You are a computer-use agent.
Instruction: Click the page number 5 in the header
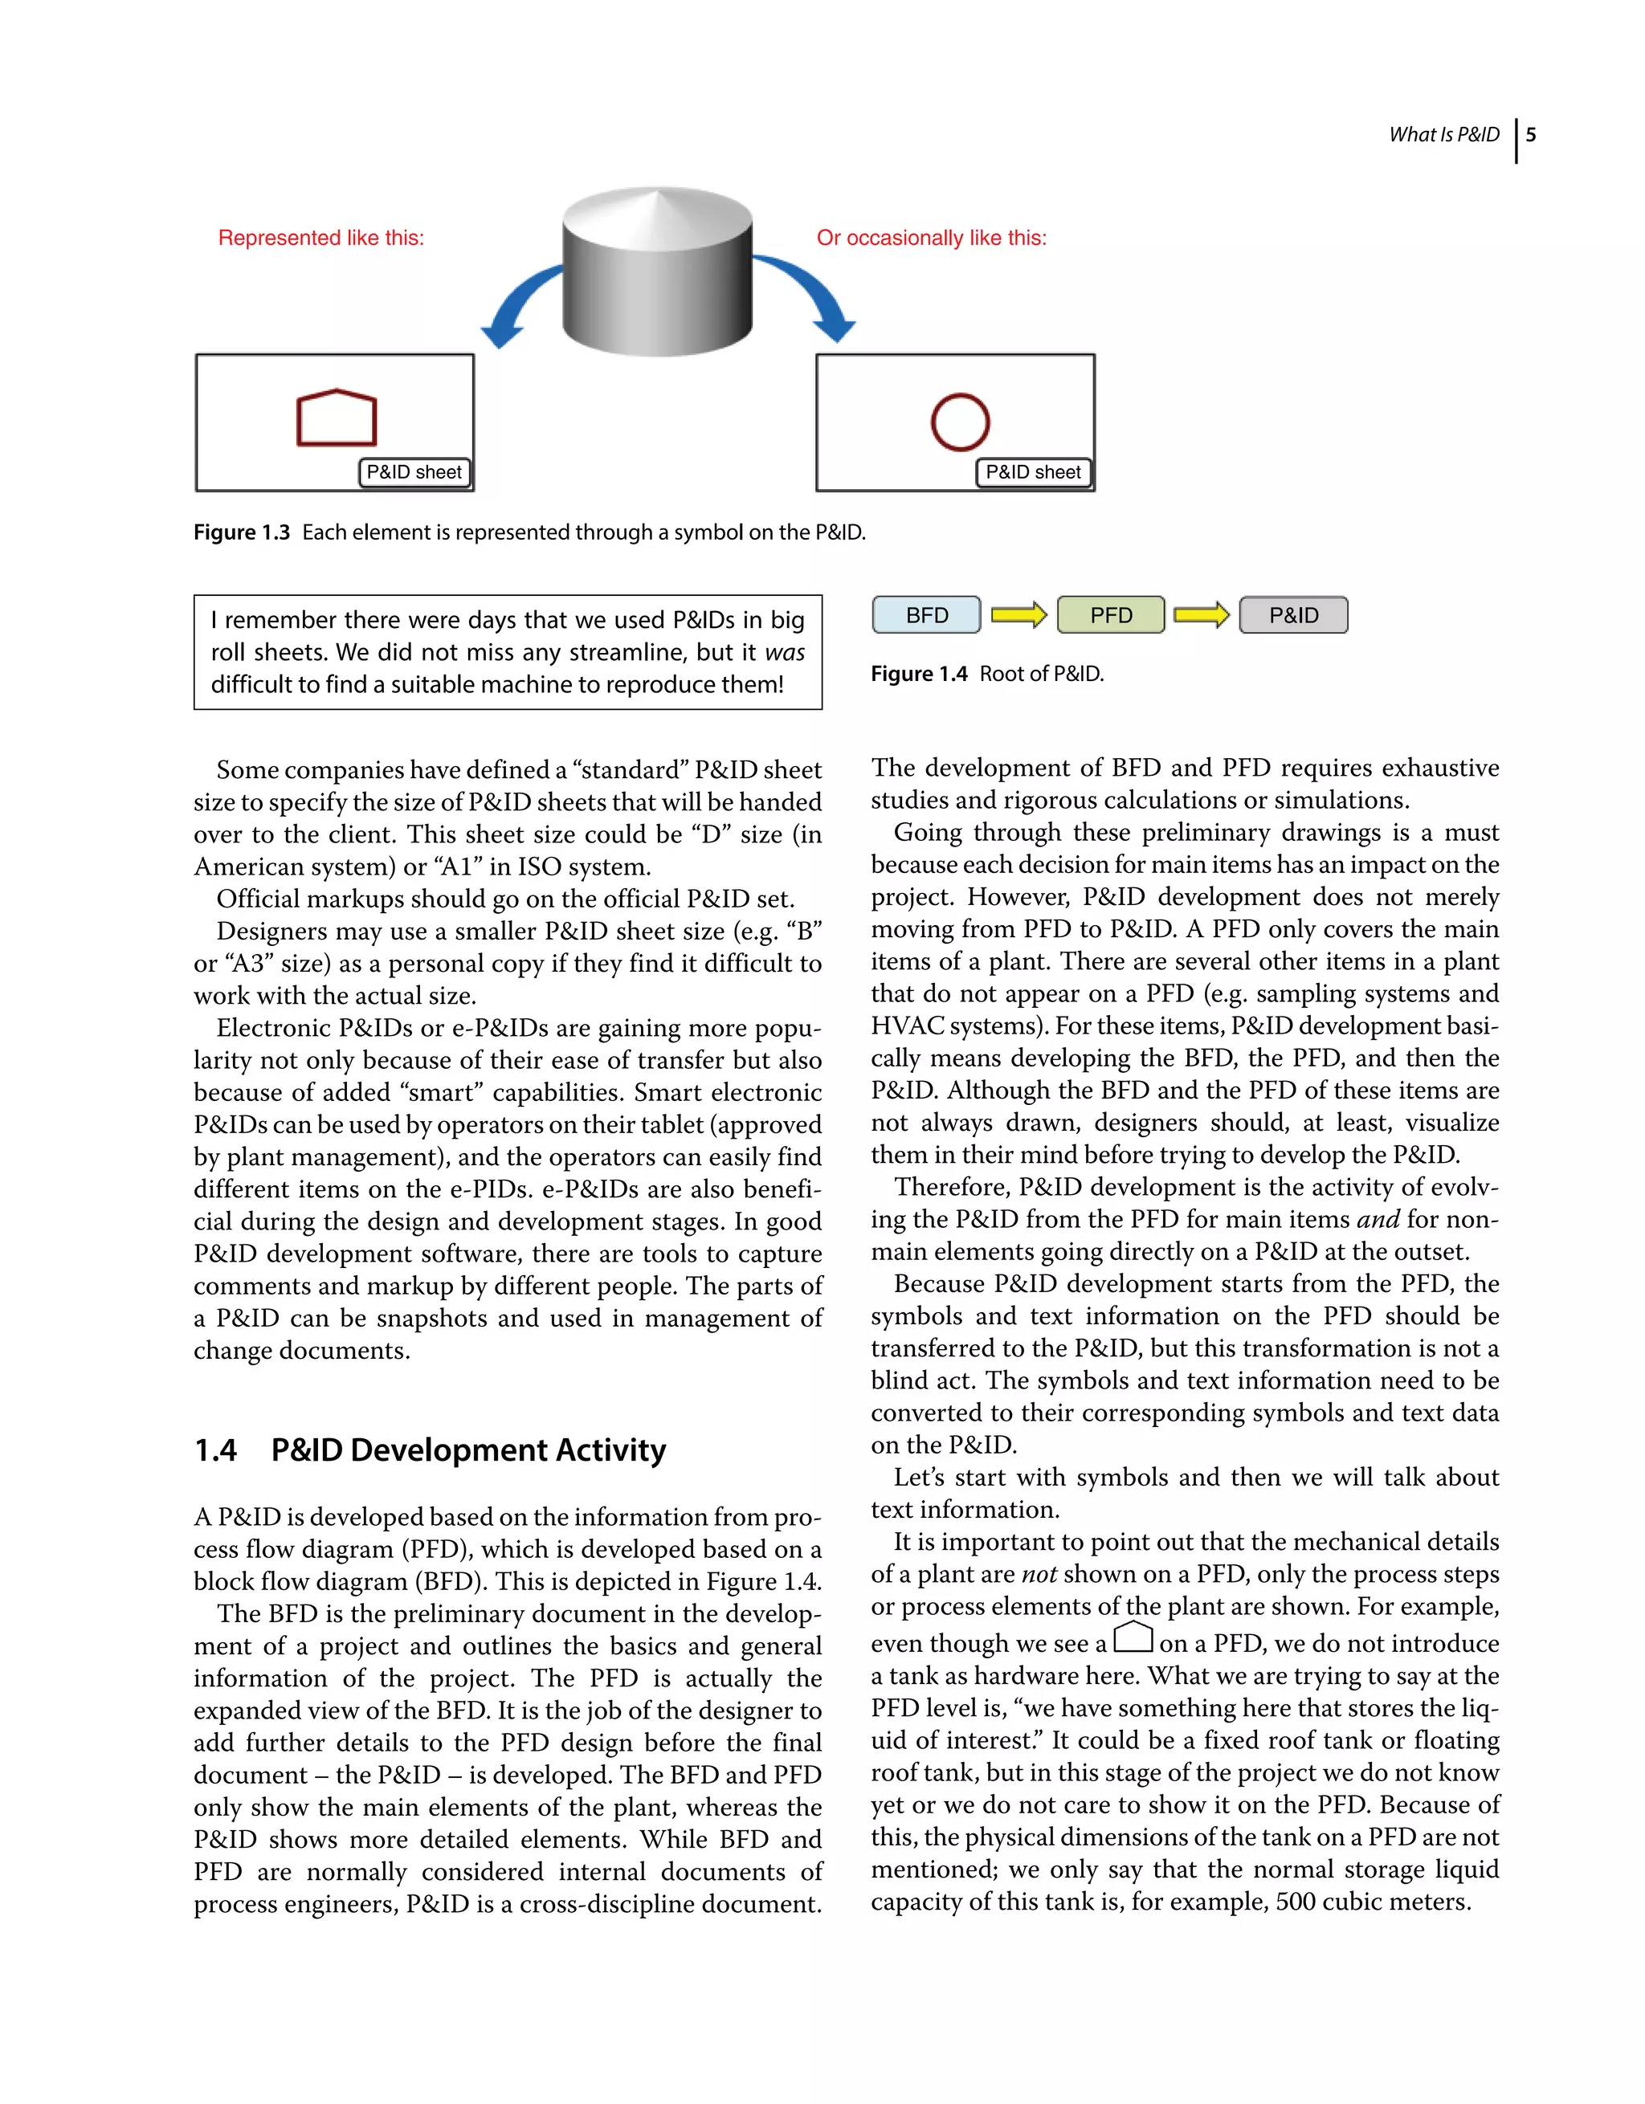1530,135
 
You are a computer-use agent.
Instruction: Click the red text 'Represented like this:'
321,238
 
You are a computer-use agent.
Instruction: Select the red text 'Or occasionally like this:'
931,238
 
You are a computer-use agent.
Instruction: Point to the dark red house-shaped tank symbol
337,418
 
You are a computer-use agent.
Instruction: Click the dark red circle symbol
960,422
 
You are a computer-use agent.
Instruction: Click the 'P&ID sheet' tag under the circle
1033,472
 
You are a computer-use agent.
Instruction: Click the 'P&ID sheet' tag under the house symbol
414,472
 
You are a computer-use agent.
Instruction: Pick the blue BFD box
926,614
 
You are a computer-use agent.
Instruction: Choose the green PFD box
1110,614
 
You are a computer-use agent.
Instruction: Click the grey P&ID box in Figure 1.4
1293,614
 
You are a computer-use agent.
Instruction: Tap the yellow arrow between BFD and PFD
1018,614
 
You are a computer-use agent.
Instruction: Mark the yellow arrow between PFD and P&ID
1202,614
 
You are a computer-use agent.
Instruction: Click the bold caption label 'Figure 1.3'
242,532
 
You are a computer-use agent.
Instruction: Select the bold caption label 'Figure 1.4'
918,675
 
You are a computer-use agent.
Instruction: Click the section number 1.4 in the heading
216,1450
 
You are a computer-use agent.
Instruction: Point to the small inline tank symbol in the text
1133,1637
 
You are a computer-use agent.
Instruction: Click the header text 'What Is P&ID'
1443,135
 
